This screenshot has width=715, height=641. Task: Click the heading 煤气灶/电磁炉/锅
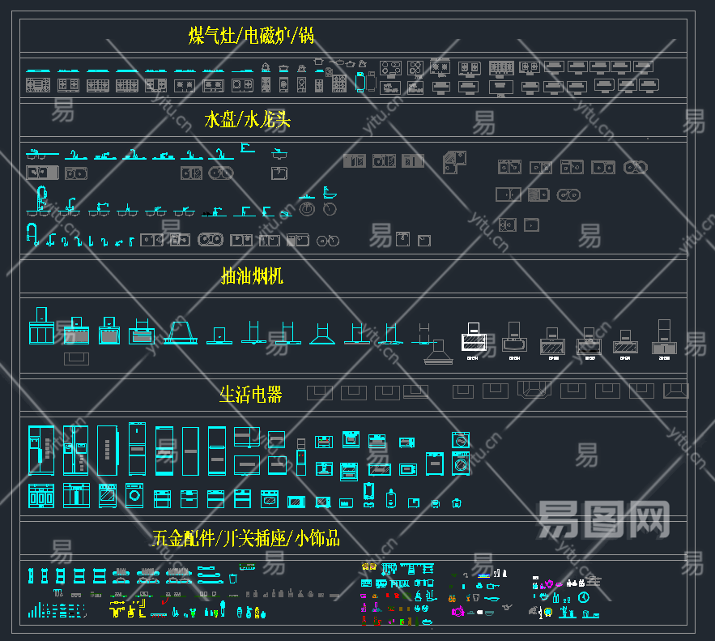pyautogui.click(x=251, y=36)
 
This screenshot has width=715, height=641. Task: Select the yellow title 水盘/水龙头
pyautogui.click(x=247, y=120)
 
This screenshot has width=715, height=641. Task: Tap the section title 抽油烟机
pyautogui.click(x=252, y=276)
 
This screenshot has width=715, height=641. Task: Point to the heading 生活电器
pyautogui.click(x=251, y=395)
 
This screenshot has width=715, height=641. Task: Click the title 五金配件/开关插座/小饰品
pyautogui.click(x=245, y=537)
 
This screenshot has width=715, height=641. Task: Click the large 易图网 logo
pyautogui.click(x=603, y=519)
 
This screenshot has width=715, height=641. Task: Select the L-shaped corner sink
pyautogui.click(x=453, y=161)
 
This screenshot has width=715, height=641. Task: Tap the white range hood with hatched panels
pyautogui.click(x=475, y=341)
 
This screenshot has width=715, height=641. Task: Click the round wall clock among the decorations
pyautogui.click(x=584, y=598)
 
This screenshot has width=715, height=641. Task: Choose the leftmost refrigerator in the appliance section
pyautogui.click(x=40, y=450)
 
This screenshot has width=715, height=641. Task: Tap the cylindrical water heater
pyautogui.click(x=369, y=493)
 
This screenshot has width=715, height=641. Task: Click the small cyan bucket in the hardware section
pyautogui.click(x=233, y=579)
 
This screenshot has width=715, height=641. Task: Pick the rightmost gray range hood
pyautogui.click(x=664, y=340)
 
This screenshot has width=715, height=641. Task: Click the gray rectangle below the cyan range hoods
pyautogui.click(x=77, y=357)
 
